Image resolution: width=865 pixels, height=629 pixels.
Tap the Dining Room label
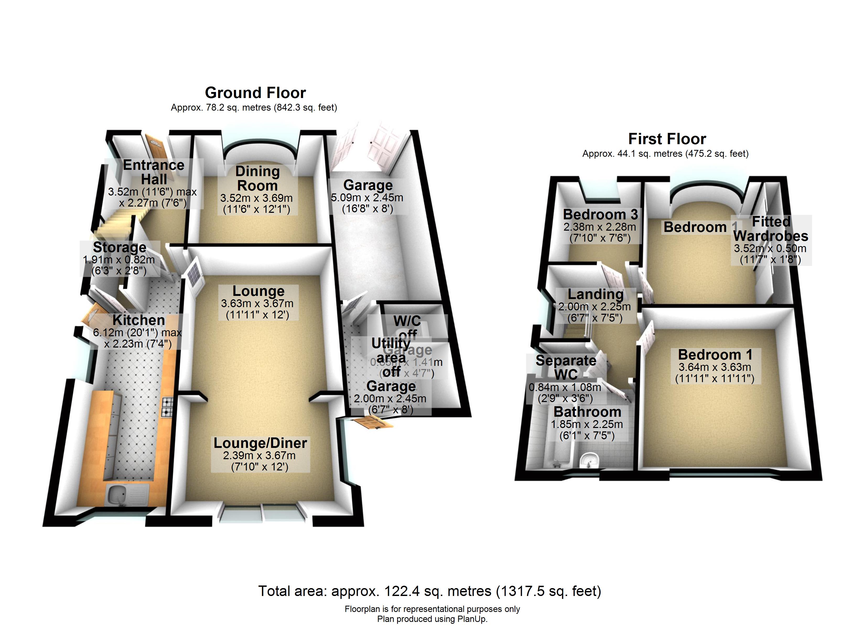pos(257,178)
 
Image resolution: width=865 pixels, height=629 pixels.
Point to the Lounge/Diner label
pos(260,443)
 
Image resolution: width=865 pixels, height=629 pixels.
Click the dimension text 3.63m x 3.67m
pos(257,304)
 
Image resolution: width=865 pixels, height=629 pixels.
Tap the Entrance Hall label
pos(154,172)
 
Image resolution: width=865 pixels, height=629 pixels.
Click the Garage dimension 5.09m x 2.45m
pos(367,198)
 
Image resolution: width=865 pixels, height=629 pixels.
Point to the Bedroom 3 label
pos(600,214)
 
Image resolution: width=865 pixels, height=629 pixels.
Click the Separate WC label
pos(566,367)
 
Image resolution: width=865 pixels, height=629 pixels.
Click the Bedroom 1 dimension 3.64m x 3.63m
pos(715,367)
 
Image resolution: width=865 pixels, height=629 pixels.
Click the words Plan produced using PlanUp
pos(432,619)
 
